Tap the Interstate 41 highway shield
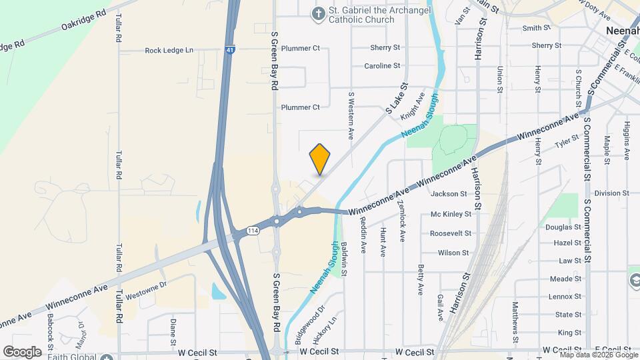[230, 49]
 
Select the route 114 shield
[252, 231]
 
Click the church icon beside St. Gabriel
[319, 13]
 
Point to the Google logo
[22, 351]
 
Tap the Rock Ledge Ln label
[169, 50]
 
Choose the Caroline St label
[382, 66]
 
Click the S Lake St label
[396, 97]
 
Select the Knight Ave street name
[413, 106]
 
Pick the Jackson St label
[449, 194]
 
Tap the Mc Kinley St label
[455, 214]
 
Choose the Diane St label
[173, 329]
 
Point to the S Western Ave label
[351, 115]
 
